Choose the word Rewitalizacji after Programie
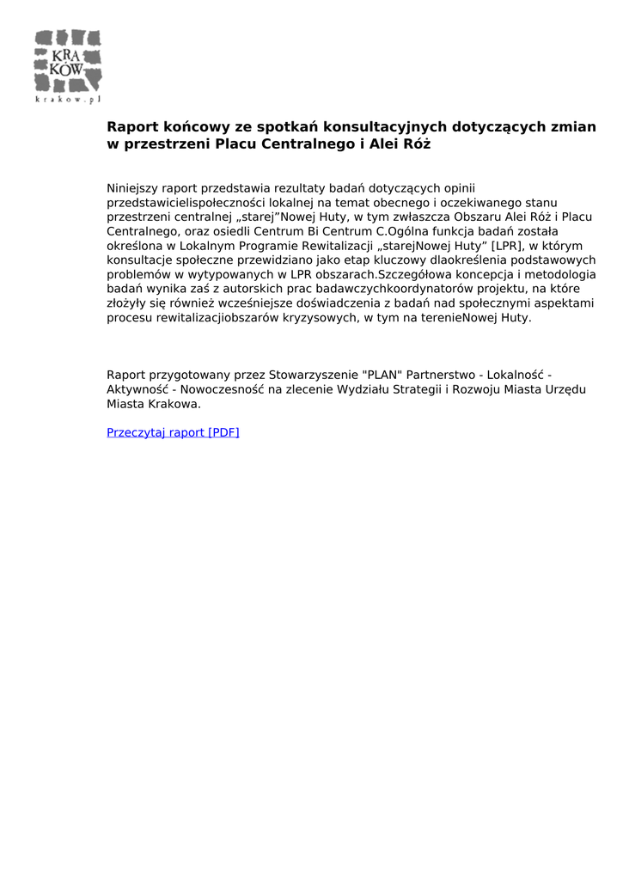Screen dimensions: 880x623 coord(321,246)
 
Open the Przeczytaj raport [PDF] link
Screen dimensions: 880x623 coord(173,432)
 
